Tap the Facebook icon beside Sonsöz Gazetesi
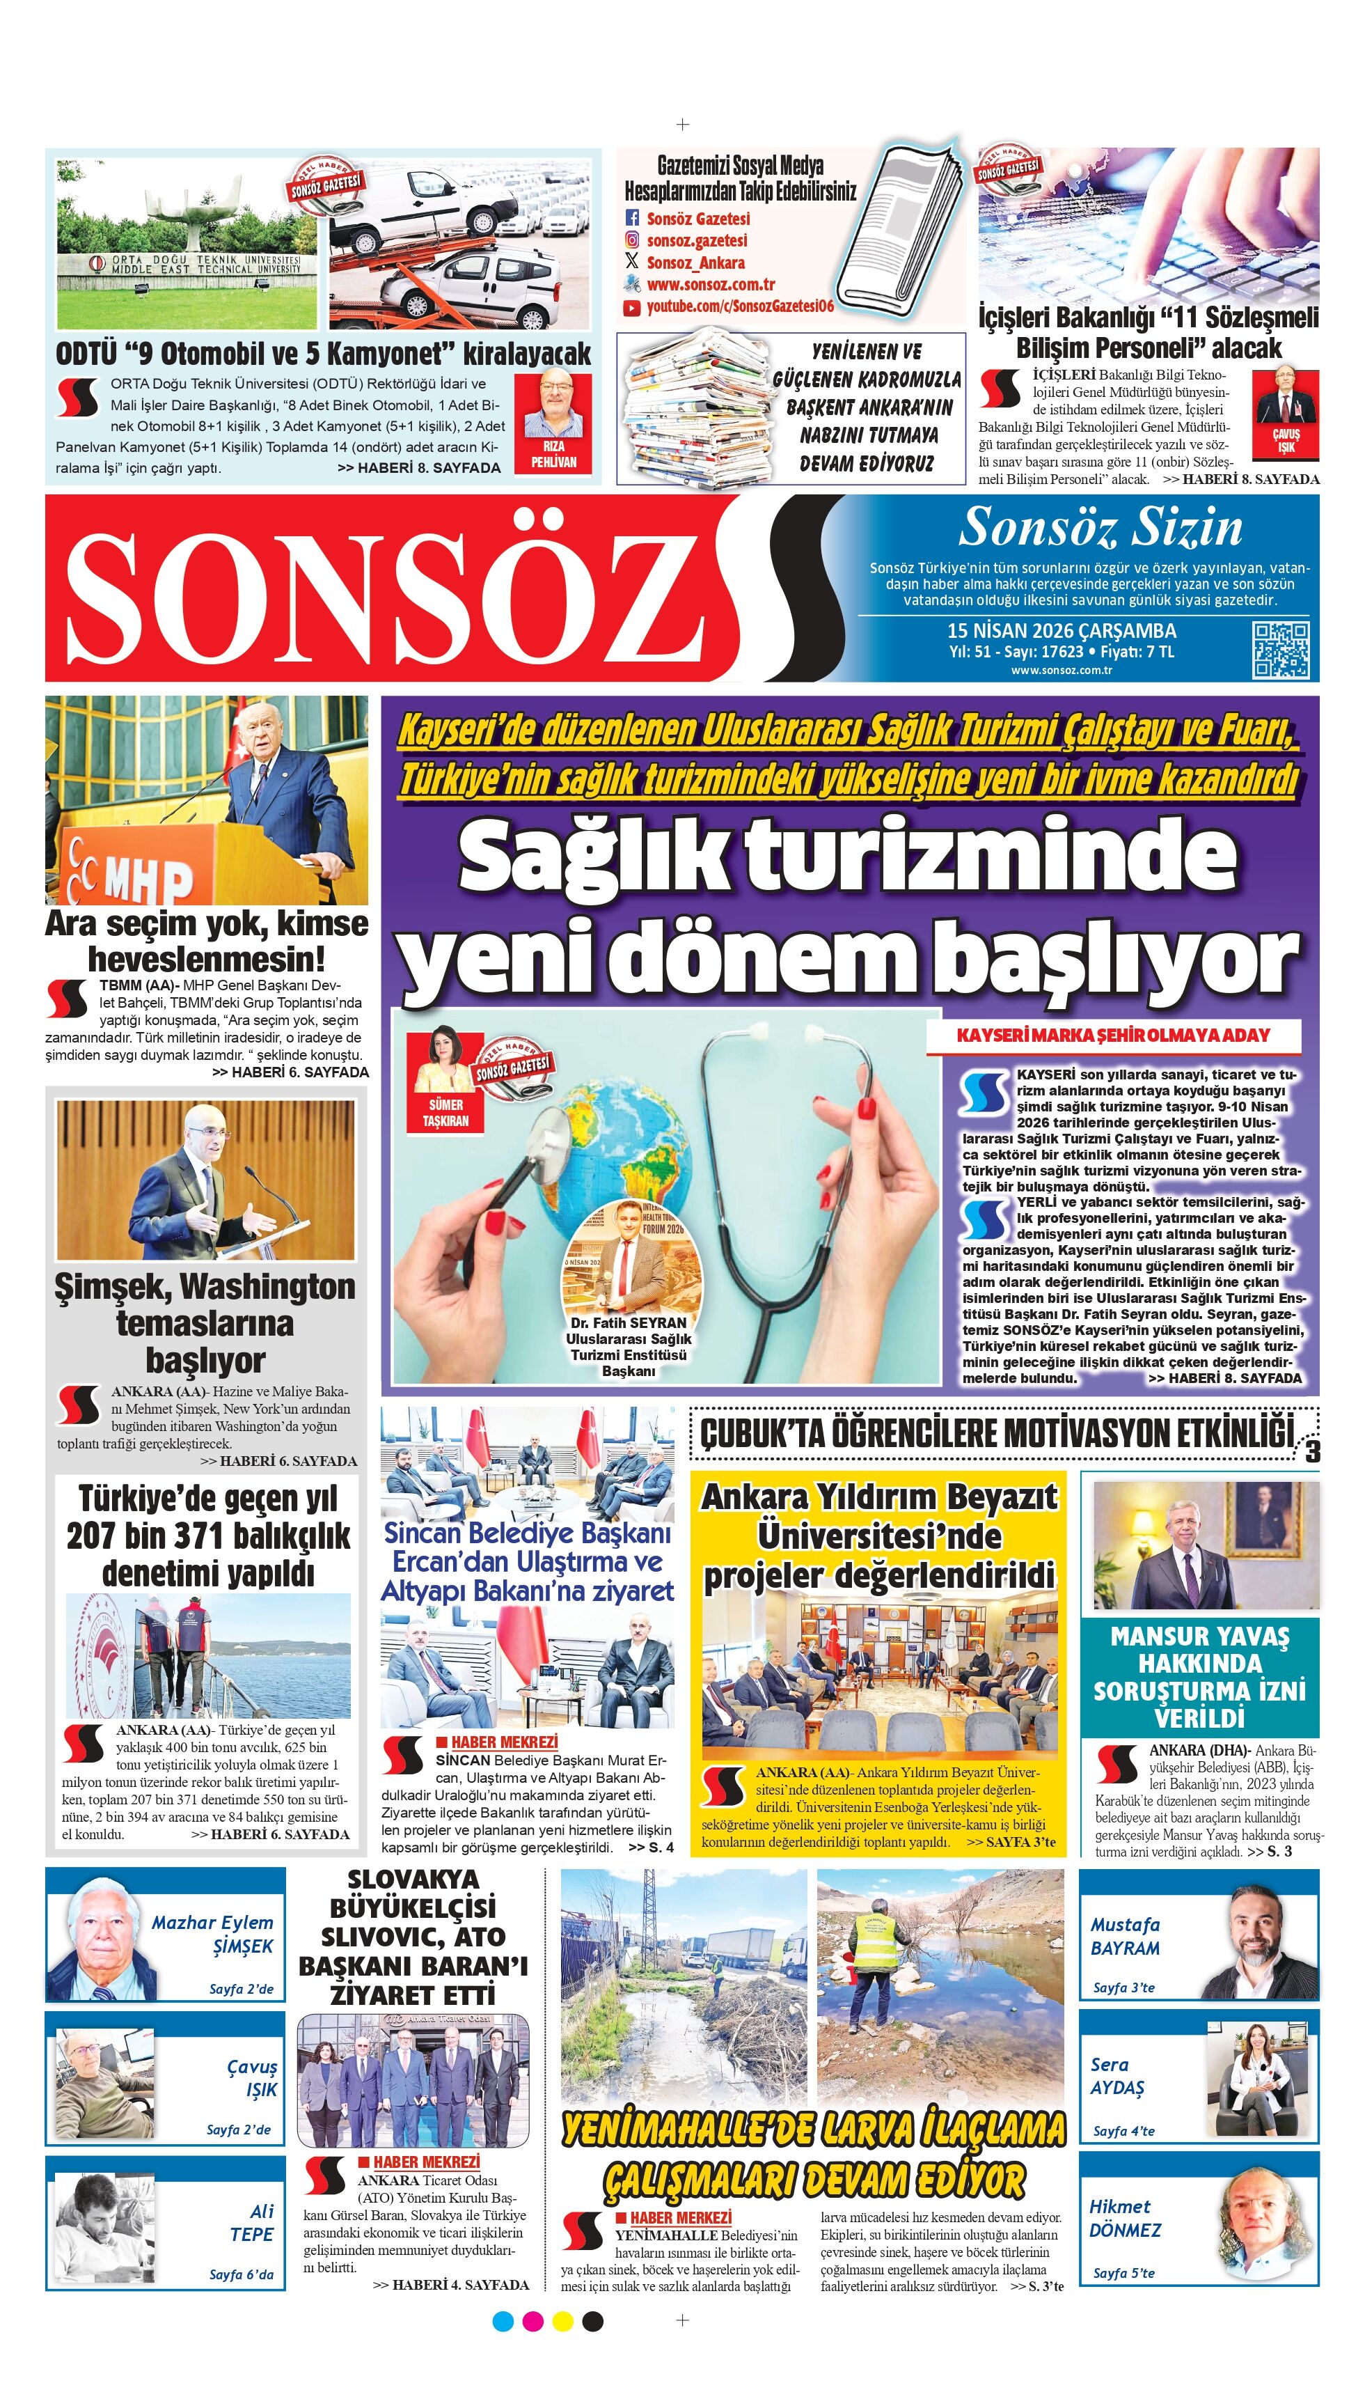pyautogui.click(x=632, y=219)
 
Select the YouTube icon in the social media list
pyautogui.click(x=632, y=306)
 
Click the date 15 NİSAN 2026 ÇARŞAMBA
pyautogui.click(x=1062, y=630)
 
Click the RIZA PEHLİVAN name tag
pyautogui.click(x=553, y=454)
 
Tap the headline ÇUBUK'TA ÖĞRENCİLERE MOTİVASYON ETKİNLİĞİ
pyautogui.click(x=995, y=1432)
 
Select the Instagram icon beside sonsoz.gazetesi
pyautogui.click(x=632, y=240)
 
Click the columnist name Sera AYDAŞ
pyautogui.click(x=1117, y=2075)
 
